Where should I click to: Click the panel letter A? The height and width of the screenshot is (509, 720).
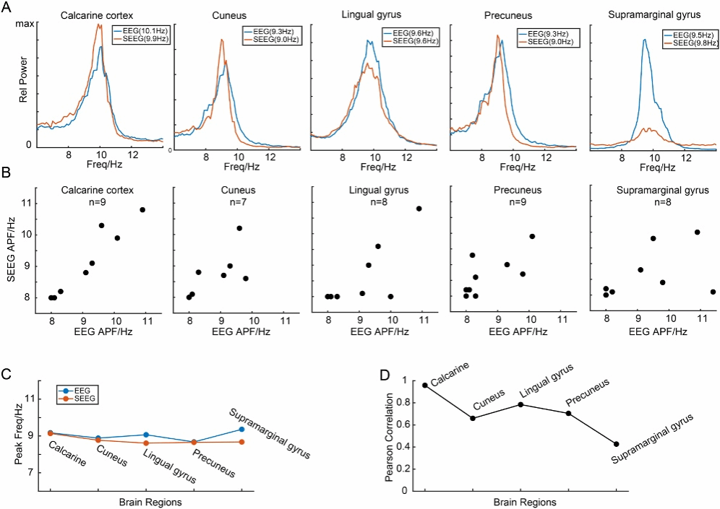(x=8, y=6)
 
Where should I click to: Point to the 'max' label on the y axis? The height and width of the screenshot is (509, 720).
(x=25, y=25)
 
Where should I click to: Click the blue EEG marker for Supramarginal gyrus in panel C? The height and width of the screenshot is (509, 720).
(x=241, y=430)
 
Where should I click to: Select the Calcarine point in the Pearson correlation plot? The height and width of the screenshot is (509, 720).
(x=425, y=385)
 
